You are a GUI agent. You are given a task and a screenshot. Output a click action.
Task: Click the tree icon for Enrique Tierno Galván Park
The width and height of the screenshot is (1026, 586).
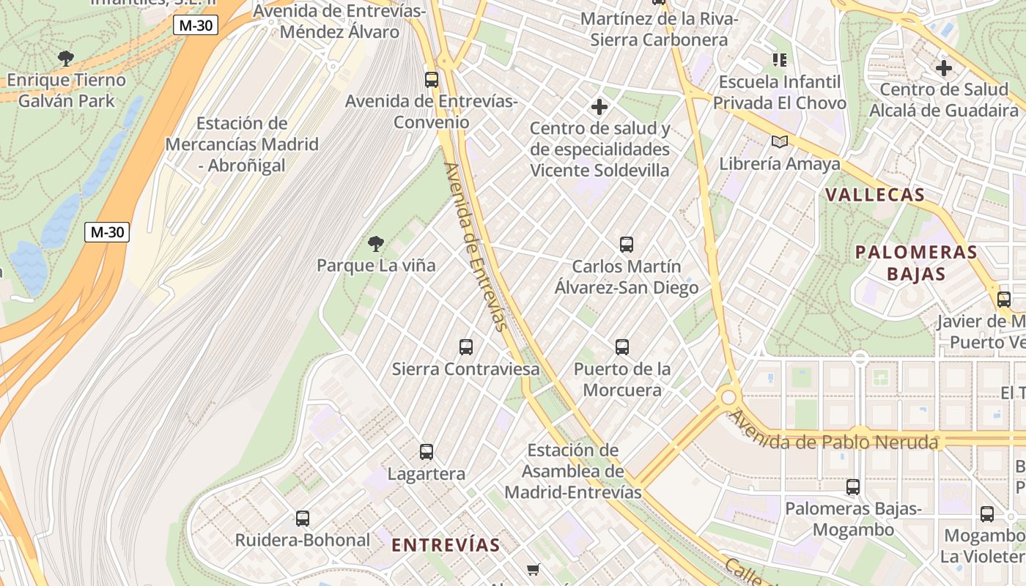point(66,58)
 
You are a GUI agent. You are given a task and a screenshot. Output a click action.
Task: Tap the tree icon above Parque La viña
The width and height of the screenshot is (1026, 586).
point(376,244)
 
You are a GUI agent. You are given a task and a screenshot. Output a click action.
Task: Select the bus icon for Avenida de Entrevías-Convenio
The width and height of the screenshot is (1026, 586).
point(432,80)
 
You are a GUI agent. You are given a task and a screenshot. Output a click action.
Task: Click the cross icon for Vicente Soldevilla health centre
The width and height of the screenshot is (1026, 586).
point(599,108)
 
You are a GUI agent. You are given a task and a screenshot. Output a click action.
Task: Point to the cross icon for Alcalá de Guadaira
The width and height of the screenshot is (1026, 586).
point(944,68)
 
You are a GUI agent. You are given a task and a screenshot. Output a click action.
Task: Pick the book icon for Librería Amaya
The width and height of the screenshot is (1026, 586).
point(780,141)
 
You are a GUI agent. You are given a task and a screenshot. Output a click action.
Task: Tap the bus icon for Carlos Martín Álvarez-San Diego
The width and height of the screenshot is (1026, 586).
point(627,245)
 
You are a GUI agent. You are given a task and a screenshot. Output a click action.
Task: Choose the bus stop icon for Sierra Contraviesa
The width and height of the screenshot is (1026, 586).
point(466,347)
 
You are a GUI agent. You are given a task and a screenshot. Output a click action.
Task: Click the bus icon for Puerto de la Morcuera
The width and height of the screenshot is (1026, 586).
point(622,347)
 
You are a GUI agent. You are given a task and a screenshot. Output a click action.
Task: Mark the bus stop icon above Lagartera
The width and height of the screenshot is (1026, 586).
point(427,452)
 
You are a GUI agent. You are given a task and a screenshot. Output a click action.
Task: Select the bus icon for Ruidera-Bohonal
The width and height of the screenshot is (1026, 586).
point(303,519)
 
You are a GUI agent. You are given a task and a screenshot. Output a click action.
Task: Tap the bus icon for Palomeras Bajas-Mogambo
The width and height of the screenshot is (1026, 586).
point(853,487)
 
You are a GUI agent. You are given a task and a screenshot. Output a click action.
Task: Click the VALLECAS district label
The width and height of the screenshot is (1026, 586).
point(875,195)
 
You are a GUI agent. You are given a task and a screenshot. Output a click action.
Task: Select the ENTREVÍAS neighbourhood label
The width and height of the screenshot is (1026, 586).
point(446,545)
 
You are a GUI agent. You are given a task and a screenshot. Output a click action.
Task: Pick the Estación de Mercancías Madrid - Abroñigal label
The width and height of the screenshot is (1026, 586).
point(242,144)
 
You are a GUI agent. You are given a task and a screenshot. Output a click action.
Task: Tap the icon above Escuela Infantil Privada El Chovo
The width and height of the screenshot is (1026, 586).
point(779,59)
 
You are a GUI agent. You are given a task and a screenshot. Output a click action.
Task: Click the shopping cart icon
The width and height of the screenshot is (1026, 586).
point(534,569)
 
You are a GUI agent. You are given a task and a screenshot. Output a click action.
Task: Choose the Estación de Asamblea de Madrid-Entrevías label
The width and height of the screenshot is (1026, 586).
point(573,471)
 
